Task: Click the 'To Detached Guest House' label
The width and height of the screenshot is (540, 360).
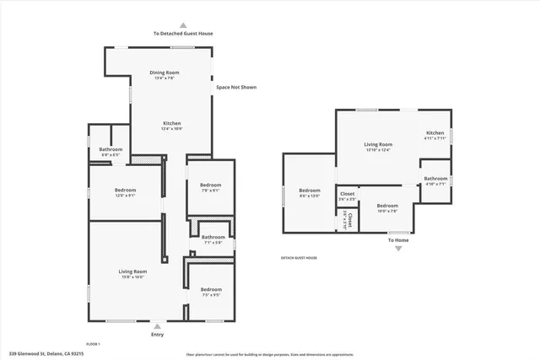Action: (x=182, y=34)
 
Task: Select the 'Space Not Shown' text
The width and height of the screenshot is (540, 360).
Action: (x=236, y=87)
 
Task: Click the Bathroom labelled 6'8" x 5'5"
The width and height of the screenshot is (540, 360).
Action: (x=111, y=152)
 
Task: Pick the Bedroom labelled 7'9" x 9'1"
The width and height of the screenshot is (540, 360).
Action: (x=210, y=187)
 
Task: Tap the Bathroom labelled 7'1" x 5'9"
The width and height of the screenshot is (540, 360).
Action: (x=213, y=239)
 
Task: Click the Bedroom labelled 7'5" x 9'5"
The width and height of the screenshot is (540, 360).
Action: (x=210, y=292)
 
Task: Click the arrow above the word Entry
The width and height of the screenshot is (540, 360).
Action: (x=158, y=324)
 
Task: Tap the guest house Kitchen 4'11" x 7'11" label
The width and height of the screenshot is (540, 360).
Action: (x=435, y=136)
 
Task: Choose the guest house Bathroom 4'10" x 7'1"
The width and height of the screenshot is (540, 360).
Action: (x=435, y=180)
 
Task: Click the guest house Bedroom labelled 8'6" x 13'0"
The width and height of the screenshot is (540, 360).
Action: (x=310, y=192)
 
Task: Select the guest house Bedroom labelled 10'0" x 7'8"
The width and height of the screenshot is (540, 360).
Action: (x=387, y=208)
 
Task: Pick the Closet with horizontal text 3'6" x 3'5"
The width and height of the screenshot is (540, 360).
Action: (x=347, y=196)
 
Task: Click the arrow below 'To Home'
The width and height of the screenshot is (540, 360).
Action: (x=398, y=249)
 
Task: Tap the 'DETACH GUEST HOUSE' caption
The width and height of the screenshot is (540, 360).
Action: (x=299, y=258)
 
